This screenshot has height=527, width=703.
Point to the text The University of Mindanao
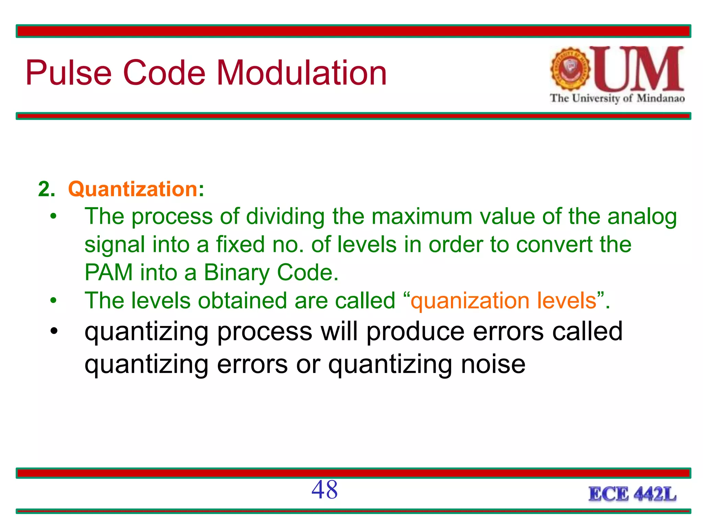click(x=617, y=98)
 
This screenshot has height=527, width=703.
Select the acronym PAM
click(x=108, y=272)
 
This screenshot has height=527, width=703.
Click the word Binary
click(x=237, y=273)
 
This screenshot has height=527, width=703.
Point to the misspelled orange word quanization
click(x=470, y=301)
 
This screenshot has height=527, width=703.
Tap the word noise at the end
click(x=493, y=364)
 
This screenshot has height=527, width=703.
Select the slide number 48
click(x=324, y=490)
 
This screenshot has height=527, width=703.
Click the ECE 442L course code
click(x=632, y=494)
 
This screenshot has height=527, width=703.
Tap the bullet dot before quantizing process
click(x=53, y=332)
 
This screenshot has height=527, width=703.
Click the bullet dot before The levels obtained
click(x=53, y=301)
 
